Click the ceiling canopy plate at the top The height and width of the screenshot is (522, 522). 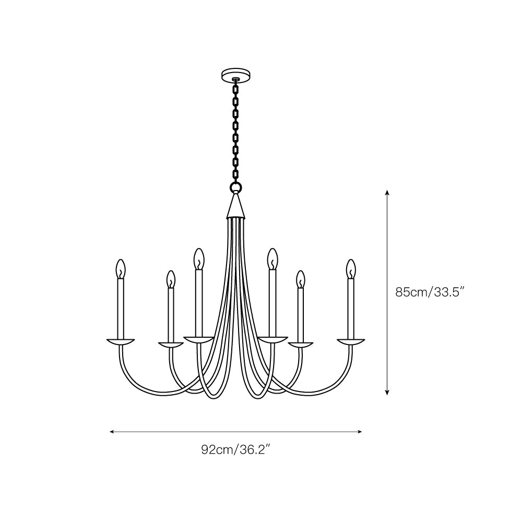(236, 75)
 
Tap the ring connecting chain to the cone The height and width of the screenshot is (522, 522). (236, 187)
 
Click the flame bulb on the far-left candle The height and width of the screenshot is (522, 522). (121, 269)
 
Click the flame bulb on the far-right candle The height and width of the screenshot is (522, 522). (351, 269)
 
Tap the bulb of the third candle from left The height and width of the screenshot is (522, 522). (198, 258)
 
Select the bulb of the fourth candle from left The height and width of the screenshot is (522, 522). (272, 258)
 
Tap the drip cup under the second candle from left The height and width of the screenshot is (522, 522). (171, 345)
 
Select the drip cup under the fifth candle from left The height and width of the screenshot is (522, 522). (300, 345)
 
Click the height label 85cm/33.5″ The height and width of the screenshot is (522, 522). (430, 292)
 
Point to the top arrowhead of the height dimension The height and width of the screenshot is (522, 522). (387, 192)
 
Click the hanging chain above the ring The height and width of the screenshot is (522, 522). (236, 130)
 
